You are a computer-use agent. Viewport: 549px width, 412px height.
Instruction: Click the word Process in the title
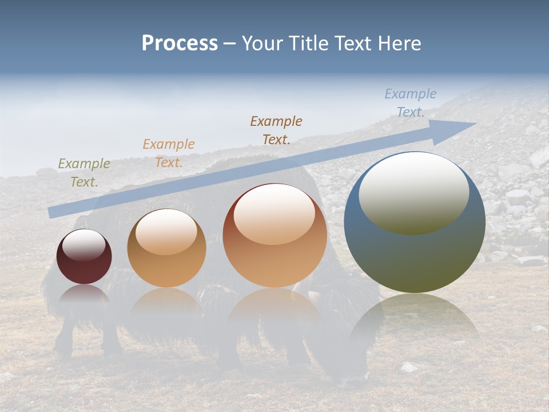pyautogui.click(x=180, y=43)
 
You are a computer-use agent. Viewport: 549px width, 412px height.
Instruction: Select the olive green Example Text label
pyautogui.click(x=84, y=173)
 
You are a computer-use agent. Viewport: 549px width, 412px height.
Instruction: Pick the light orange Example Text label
pyautogui.click(x=169, y=153)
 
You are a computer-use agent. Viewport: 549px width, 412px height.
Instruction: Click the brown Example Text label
pyautogui.click(x=276, y=130)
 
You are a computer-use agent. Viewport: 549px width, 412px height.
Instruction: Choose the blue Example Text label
pyautogui.click(x=410, y=103)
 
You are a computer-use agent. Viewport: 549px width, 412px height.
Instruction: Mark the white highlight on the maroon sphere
pyautogui.click(x=84, y=245)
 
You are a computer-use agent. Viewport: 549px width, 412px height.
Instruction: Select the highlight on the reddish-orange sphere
pyautogui.click(x=274, y=215)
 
